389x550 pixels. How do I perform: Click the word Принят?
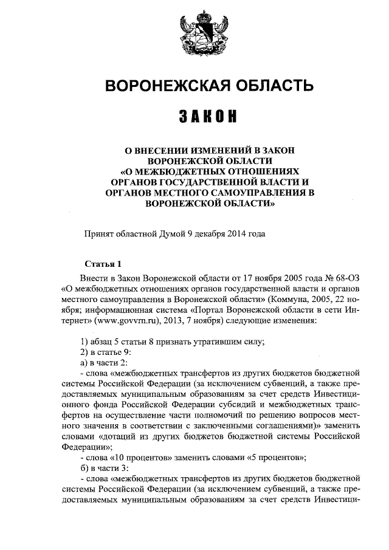click(x=98, y=233)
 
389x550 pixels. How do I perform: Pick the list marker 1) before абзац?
click(x=85, y=341)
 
